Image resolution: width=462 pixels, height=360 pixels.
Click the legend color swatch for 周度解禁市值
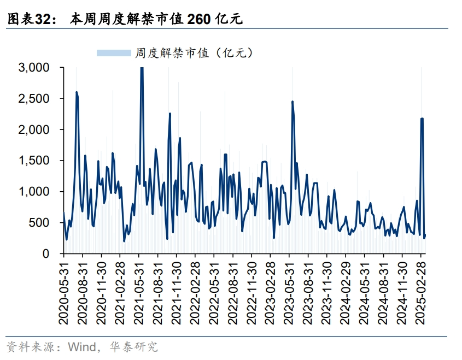coord(114,53)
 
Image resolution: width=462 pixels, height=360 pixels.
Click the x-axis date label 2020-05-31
coord(64,290)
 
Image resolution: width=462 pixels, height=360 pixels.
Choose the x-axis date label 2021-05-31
coord(139,290)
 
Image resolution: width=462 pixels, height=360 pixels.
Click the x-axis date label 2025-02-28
coord(421,290)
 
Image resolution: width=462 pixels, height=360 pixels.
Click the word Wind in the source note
coord(80,346)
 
